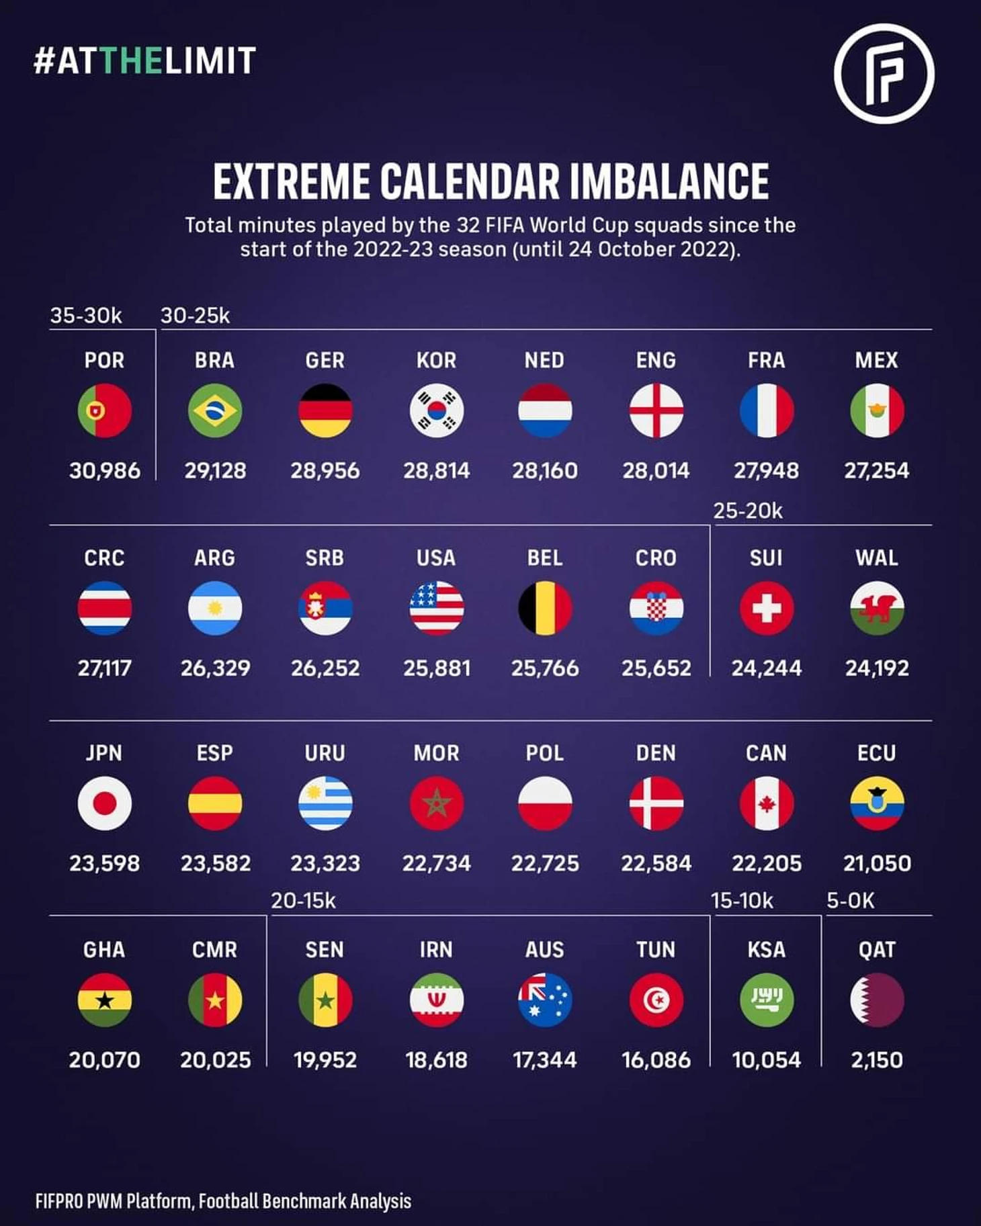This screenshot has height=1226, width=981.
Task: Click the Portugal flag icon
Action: coord(104,410)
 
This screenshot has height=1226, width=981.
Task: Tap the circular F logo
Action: coord(884,73)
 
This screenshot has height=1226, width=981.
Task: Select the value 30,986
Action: coord(104,470)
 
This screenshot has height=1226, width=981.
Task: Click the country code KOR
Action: coord(436,361)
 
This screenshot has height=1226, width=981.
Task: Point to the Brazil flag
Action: coord(215,410)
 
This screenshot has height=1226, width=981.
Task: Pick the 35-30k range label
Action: coord(86,316)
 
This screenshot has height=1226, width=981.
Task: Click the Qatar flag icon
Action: coord(877,1000)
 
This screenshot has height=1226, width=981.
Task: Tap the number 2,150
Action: coord(877,1060)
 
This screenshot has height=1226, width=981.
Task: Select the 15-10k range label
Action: coord(742,901)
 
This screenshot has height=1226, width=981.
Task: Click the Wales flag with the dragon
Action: coord(877,609)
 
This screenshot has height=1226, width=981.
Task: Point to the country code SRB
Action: coord(325,558)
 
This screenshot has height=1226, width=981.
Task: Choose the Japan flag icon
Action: coord(104,803)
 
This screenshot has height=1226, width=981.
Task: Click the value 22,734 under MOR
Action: coord(436,863)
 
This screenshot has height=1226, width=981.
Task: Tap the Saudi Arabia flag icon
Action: coord(767,1000)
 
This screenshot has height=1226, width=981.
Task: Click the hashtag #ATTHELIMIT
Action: coord(144,60)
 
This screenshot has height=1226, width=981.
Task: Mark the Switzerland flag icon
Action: coord(767,609)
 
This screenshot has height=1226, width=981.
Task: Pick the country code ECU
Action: coord(877,753)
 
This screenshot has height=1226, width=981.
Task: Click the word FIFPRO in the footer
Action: coord(58,1201)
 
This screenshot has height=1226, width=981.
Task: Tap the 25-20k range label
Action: coord(748,511)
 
